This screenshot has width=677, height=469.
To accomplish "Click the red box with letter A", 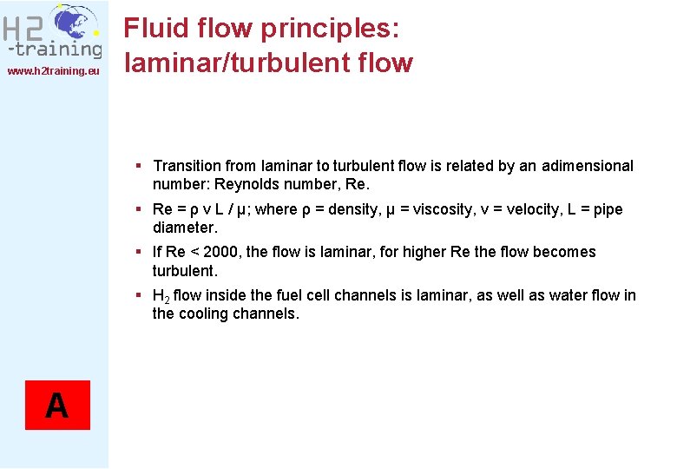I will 56,406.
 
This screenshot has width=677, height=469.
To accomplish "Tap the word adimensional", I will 588,166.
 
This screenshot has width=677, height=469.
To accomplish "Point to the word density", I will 352,209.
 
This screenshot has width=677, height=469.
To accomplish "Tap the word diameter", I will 183,228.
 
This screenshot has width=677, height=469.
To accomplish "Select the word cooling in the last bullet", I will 206,314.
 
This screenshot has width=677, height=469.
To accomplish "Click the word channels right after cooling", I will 267,314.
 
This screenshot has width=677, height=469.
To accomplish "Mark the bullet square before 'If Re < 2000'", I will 139,251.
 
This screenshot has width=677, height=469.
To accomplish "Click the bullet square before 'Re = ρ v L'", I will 139,208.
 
